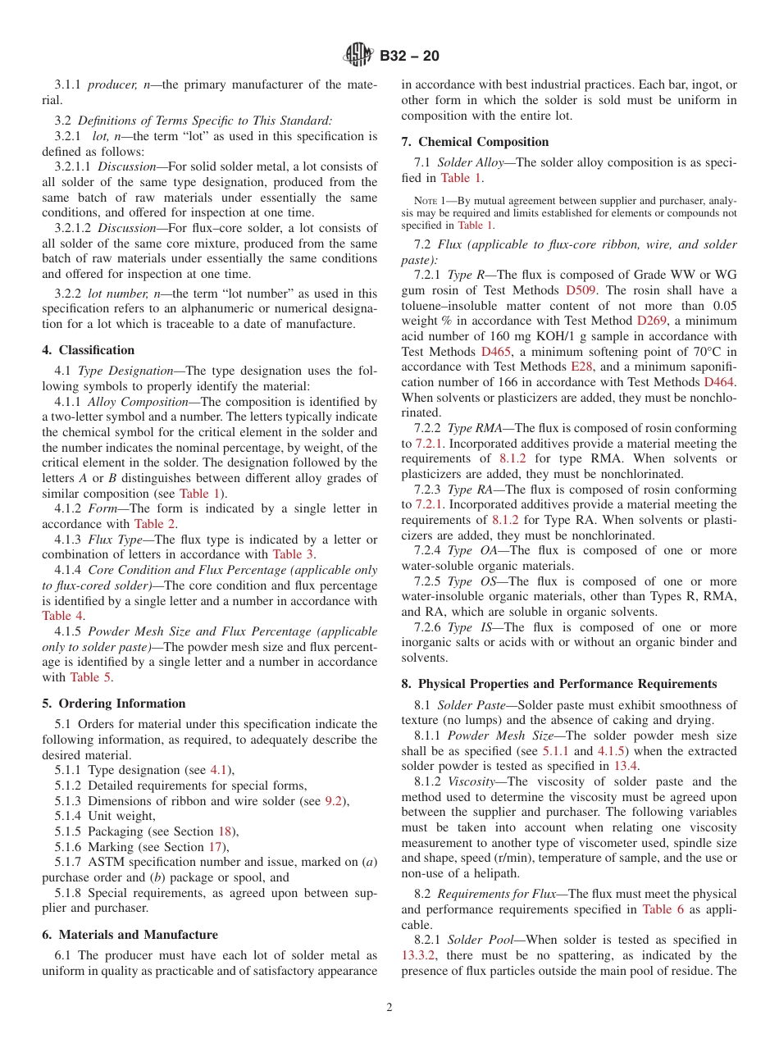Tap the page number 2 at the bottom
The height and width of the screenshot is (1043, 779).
coord(389,1007)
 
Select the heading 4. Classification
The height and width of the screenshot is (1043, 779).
coord(89,350)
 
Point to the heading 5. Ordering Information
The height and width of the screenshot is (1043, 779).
coord(114,704)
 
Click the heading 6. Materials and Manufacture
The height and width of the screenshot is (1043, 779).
coord(130,935)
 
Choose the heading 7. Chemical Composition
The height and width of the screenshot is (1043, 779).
coord(475,142)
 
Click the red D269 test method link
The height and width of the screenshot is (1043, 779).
coord(652,321)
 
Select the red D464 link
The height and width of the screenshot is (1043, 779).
coord(719,382)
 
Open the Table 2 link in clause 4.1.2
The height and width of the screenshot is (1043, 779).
coord(155,524)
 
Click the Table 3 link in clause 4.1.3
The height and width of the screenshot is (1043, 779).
coord(293,554)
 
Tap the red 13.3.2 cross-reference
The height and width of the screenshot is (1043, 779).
coord(418,955)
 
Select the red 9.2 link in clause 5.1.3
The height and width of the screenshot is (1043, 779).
coord(332,801)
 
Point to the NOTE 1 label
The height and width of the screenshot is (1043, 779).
coord(430,200)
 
